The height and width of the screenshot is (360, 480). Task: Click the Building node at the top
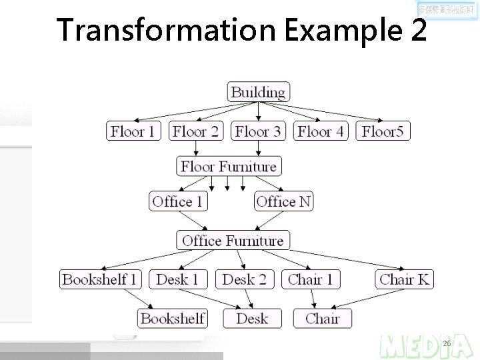pos(258,92)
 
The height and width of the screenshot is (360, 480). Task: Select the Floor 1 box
pos(133,131)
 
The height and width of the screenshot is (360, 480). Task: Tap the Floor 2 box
pos(195,131)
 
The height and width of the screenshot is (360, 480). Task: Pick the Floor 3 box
pos(258,131)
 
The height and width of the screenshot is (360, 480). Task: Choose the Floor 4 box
pos(321,131)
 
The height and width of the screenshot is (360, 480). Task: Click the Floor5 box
pos(383,131)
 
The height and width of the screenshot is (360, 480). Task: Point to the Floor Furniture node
pos(228,166)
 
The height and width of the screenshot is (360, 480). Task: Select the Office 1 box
pos(177,201)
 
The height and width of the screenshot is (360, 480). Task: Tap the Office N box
pos(283,201)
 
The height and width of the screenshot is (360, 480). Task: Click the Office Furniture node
pos(233,240)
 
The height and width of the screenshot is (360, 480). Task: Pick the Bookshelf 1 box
pos(100,279)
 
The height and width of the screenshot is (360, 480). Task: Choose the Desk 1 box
pos(177,279)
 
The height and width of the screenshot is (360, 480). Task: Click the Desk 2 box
pos(245,279)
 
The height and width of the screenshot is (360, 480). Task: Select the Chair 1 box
pos(311,279)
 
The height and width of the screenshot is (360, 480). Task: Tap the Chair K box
pos(405,279)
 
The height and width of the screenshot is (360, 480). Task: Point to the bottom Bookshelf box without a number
pos(173,318)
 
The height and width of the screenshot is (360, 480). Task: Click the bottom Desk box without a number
pos(252,318)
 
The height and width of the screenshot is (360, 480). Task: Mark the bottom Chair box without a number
pos(323,318)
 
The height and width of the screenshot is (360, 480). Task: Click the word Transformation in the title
pos(166,30)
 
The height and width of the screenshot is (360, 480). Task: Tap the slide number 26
pos(447,343)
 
